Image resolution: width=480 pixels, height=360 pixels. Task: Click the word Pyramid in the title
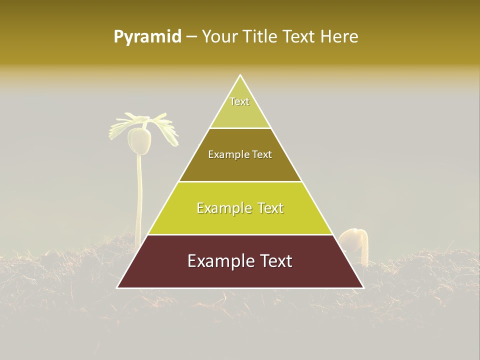pos(147,36)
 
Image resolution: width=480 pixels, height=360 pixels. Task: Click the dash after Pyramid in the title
pos(191,37)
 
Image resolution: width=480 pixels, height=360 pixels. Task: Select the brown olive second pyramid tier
pos(240,165)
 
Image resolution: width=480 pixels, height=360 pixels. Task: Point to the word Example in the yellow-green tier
pos(221,208)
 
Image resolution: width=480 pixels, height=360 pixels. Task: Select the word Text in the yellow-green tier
pos(267,208)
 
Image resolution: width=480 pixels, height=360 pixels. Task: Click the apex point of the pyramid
pos(240,75)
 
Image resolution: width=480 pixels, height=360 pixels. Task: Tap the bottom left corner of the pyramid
pos(118,287)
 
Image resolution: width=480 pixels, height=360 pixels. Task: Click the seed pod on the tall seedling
pos(139,141)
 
